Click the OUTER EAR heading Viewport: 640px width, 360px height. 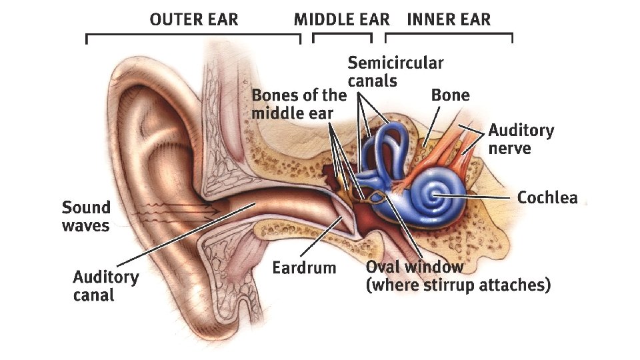193,19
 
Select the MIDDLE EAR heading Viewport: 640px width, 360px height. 341,19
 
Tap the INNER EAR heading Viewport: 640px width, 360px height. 448,19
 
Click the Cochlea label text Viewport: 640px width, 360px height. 547,198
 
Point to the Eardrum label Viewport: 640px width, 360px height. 304,268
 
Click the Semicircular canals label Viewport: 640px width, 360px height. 395,72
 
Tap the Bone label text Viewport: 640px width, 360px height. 450,95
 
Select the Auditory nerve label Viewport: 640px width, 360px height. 521,139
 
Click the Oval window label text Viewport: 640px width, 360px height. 414,267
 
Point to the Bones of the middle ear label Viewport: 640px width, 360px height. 299,103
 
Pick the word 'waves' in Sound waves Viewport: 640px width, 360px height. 85,225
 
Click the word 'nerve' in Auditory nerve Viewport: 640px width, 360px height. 509,148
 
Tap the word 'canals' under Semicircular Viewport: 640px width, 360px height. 372,81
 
